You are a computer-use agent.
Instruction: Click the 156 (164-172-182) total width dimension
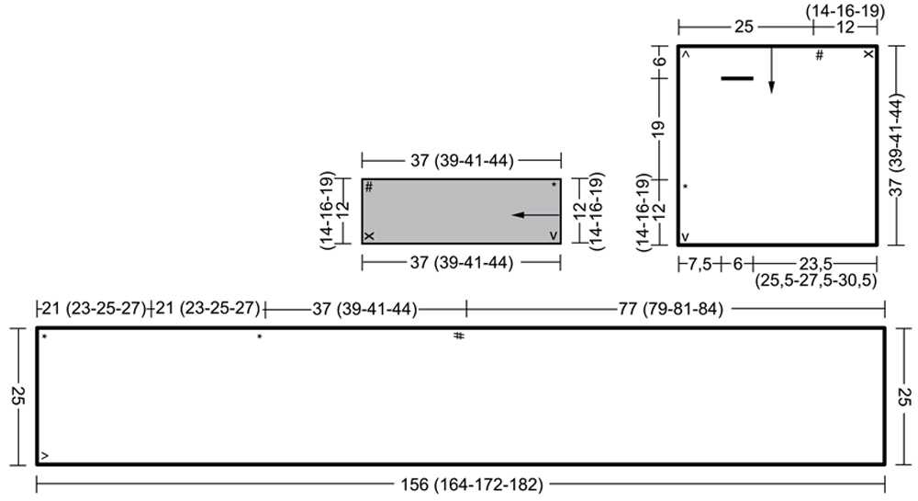pos(472,484)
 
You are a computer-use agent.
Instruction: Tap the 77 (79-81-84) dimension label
pos(671,308)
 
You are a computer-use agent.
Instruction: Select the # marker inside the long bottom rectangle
pos(459,336)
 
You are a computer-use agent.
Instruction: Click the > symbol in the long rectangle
pos(45,456)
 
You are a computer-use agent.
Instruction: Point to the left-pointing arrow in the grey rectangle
pos(536,215)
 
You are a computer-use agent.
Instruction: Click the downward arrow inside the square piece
pos(771,70)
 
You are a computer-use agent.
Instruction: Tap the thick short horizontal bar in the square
pos(737,78)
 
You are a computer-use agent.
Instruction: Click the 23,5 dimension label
pos(815,264)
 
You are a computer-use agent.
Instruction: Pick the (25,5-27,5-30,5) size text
pos(815,280)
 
